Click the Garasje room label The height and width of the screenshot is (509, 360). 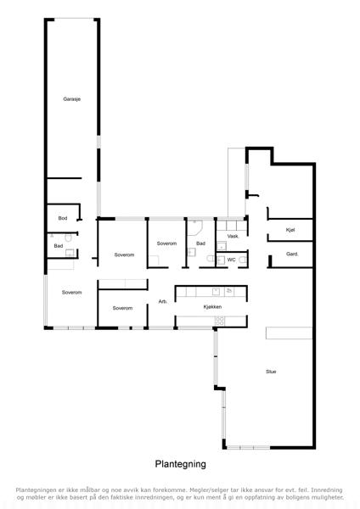point(72,99)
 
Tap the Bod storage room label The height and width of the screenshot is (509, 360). point(63,218)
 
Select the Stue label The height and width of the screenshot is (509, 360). point(271,372)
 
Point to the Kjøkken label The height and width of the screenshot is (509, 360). point(212,307)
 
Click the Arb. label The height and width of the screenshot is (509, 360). point(163,301)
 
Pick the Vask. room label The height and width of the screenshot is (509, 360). point(233,237)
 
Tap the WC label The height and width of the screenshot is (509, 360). point(231,260)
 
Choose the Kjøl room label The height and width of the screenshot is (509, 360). point(290,230)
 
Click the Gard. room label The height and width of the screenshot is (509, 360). point(292,254)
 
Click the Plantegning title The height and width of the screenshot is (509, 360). point(180,464)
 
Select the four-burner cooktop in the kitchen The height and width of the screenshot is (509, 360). point(220,321)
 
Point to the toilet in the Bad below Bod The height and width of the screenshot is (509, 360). point(68,238)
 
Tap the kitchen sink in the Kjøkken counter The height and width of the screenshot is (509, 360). point(216,292)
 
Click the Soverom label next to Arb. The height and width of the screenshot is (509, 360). point(122,308)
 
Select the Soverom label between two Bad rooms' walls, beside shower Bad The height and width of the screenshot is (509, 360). point(166,243)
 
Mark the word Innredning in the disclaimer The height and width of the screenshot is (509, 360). point(327,489)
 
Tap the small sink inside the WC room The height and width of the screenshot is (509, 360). point(222,260)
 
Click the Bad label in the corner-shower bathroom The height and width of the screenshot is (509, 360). point(200,243)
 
